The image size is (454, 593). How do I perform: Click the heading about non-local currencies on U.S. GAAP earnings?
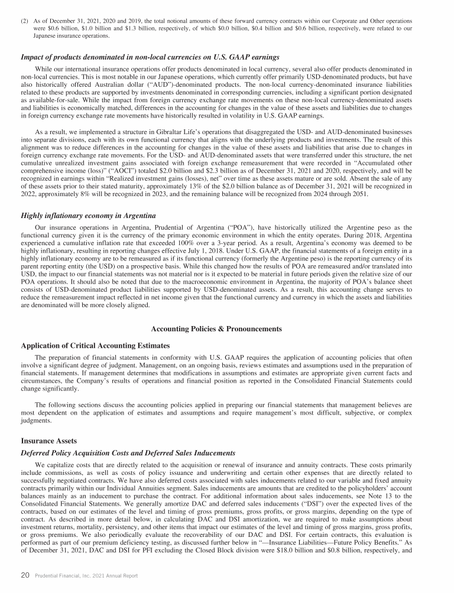(150, 57)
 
